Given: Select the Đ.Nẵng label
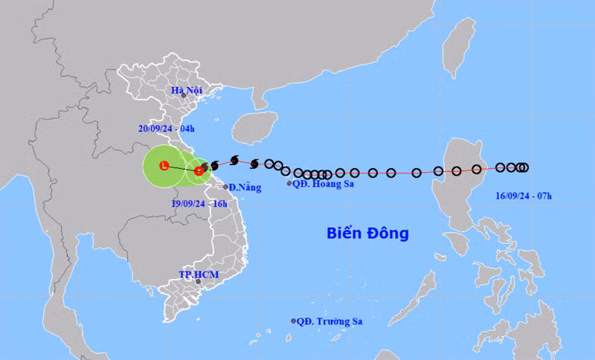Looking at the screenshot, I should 245,187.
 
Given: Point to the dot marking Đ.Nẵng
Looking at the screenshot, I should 226,187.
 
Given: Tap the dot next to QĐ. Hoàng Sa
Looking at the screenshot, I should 289,183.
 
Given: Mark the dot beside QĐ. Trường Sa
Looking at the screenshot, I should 293,321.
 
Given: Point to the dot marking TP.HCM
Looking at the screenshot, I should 198,281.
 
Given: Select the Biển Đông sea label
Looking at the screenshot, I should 367,233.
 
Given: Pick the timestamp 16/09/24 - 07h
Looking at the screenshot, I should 525,196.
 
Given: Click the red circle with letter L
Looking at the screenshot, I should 164,165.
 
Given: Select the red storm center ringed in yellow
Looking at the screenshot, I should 199,170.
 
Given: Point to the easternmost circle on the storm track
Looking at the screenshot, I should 524,167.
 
